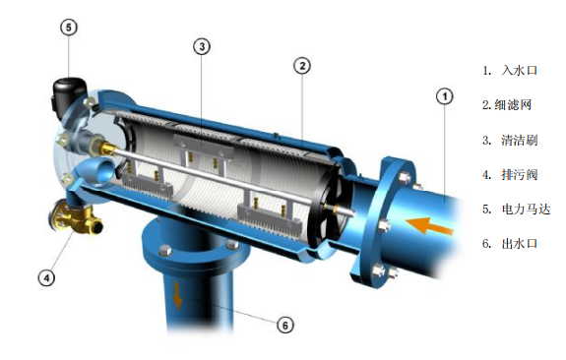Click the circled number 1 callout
(x=444, y=96)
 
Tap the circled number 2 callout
(x=302, y=66)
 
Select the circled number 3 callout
(x=202, y=46)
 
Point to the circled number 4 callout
(x=46, y=277)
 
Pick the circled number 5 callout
(x=69, y=28)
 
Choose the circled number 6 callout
(x=285, y=326)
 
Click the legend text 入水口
(x=520, y=70)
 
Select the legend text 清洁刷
(x=520, y=140)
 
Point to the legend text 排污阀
(x=520, y=174)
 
